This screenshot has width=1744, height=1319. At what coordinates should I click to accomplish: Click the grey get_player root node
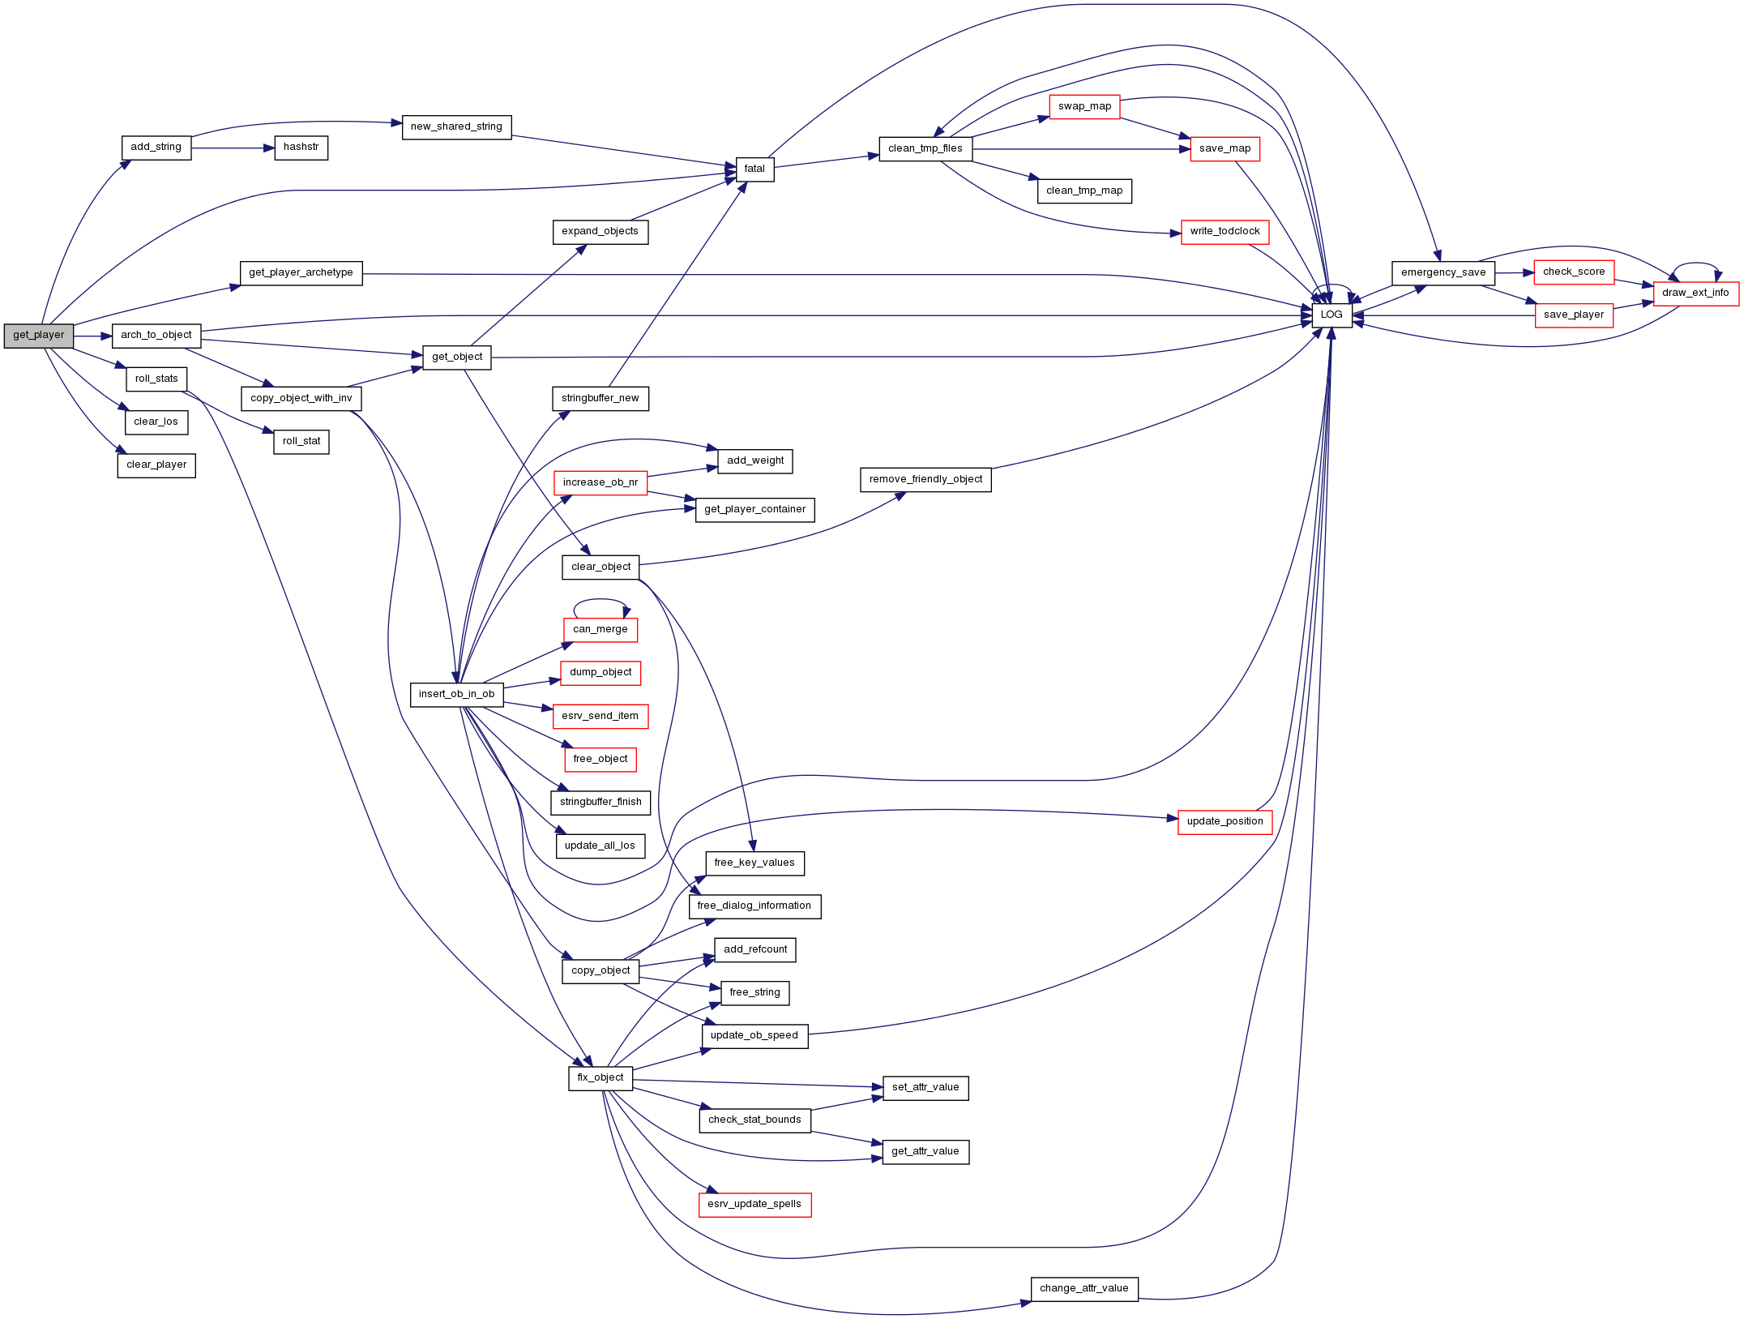[x=39, y=336]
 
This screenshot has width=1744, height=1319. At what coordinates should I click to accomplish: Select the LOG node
[x=1332, y=315]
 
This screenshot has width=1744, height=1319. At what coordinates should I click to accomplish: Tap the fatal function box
[x=754, y=169]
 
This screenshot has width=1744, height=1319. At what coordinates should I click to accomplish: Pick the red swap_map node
[x=1084, y=107]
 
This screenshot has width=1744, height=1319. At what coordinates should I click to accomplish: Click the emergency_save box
[x=1443, y=273]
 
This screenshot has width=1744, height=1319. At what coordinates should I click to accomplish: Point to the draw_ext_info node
[x=1695, y=293]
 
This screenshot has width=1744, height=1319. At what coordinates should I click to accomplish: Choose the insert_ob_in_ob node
[x=457, y=695]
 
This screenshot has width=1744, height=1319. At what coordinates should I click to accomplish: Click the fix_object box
[x=601, y=1078]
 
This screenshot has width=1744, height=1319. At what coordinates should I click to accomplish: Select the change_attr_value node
[x=1084, y=1289]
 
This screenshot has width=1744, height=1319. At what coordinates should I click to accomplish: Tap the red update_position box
[x=1225, y=822]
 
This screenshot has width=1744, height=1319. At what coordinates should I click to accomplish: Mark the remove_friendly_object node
[x=925, y=480]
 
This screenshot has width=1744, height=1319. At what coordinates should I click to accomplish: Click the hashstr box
[x=301, y=148]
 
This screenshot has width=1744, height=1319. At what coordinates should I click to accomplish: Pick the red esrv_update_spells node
[x=754, y=1205]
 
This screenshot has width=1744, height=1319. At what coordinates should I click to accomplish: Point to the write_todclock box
[x=1225, y=232]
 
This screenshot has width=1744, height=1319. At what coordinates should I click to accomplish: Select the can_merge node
[x=601, y=630]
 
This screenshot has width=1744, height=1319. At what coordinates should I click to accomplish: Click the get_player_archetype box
[x=301, y=273]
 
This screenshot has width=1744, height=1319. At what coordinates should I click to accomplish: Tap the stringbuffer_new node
[x=601, y=399]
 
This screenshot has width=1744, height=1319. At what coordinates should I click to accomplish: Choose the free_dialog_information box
[x=754, y=906]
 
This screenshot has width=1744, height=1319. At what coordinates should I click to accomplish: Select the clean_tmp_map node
[x=1084, y=191]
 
